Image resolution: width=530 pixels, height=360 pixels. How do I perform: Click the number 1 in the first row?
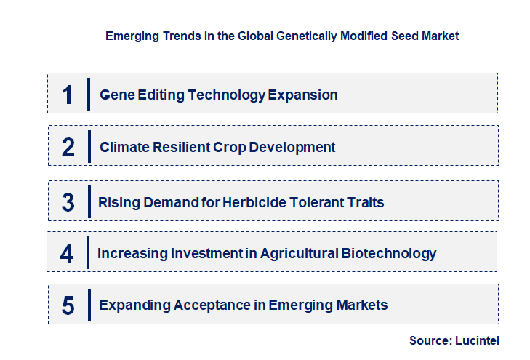(x=68, y=95)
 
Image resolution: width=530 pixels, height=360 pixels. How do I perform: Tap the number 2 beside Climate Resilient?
(x=68, y=148)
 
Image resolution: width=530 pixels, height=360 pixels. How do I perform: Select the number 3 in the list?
(x=68, y=202)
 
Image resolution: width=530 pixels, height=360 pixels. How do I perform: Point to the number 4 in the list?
(x=68, y=254)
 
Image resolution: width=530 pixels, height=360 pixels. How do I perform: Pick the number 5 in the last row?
(x=68, y=305)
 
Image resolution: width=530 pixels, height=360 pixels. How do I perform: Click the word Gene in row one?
(x=115, y=95)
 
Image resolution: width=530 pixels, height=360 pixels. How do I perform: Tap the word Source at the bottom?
(x=428, y=340)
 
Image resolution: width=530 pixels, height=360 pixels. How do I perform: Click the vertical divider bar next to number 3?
(x=88, y=201)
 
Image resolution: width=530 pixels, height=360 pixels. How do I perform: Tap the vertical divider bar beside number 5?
(x=88, y=304)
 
